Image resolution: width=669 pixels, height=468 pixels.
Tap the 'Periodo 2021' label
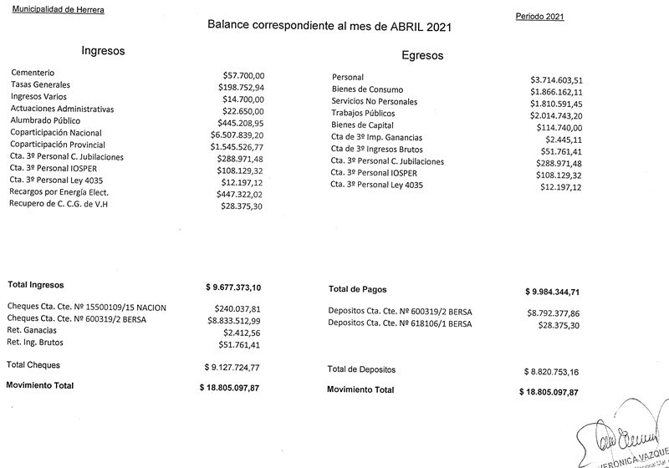(x=540, y=17)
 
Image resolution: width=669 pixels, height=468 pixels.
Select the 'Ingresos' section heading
(x=103, y=51)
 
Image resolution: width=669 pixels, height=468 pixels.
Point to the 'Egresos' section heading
(x=422, y=56)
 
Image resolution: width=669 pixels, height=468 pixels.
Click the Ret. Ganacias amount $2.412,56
(x=237, y=331)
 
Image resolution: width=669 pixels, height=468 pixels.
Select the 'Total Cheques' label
(x=33, y=365)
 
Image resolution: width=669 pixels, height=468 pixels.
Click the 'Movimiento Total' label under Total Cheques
(x=40, y=385)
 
